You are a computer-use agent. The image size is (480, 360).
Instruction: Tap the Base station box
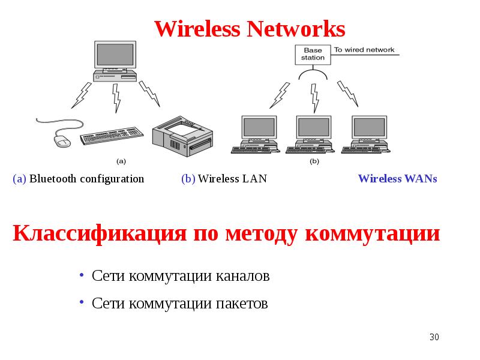pos(313,54)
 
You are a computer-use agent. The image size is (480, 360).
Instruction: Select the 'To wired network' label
pos(364,50)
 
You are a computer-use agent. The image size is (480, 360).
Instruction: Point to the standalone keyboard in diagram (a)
pos(112,134)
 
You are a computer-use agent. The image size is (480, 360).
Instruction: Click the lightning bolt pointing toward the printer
pos(149,93)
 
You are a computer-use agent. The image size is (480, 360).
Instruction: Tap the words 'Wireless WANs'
pos(397,179)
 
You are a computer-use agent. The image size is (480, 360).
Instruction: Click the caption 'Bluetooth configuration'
pos(87,179)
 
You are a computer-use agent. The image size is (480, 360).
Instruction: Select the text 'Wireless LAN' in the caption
pos(232,179)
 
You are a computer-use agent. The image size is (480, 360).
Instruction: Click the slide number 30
pos(434,337)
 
